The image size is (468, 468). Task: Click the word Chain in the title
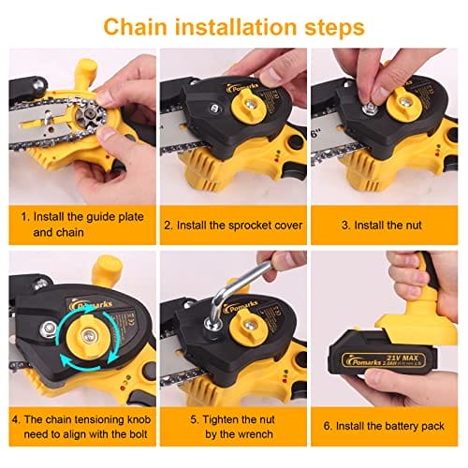[136, 27]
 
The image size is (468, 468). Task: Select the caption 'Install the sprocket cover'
[240, 226]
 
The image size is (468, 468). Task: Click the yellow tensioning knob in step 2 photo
[249, 106]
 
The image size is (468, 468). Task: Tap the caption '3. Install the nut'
[382, 226]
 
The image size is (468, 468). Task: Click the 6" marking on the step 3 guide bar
[316, 134]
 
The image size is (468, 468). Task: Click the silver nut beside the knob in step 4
[49, 329]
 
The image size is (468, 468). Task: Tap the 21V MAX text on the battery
[402, 358]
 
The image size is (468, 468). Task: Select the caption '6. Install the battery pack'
[384, 426]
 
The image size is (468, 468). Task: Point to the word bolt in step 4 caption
[136, 434]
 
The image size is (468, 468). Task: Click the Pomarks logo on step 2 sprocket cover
[241, 88]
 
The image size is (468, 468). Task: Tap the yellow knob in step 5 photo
[249, 326]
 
